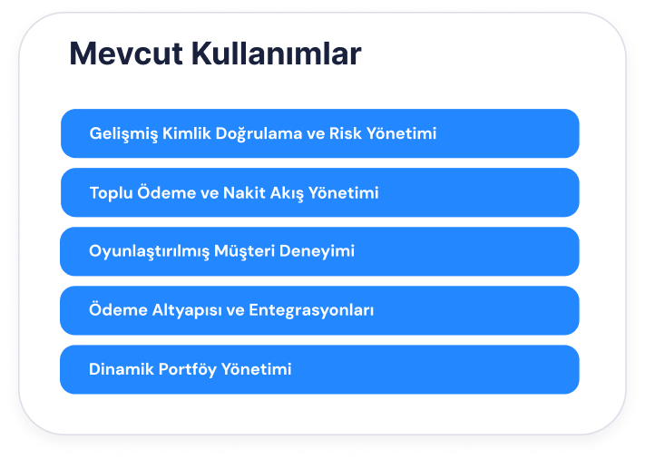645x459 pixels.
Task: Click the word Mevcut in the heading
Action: click(126, 54)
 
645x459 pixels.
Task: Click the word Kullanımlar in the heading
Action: click(277, 53)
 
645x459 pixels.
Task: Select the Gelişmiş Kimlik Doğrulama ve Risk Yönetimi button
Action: click(320, 133)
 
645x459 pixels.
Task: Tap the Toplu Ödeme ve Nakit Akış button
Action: click(320, 192)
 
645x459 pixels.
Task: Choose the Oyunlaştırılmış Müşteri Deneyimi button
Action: click(319, 251)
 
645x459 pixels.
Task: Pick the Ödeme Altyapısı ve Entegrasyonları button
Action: click(319, 310)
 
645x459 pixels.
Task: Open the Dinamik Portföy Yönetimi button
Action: click(319, 369)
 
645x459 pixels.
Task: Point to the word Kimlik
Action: click(186, 133)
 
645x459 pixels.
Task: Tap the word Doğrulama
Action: click(259, 134)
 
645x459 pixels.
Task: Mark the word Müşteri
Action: click(244, 251)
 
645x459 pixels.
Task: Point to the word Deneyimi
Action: click(317, 251)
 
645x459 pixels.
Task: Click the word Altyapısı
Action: click(187, 311)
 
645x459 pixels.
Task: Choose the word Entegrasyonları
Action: click(311, 311)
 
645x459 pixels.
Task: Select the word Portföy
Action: click(187, 370)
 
